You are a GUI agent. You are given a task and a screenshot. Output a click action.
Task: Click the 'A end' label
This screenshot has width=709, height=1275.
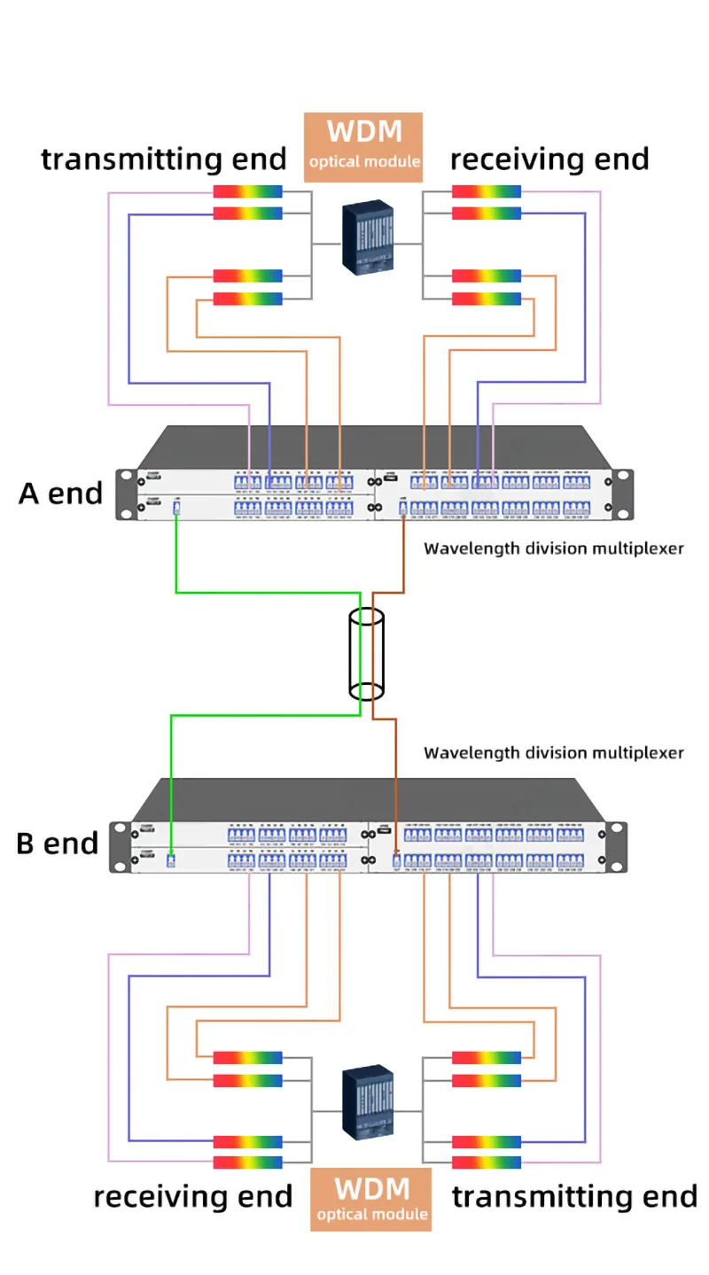click(x=60, y=494)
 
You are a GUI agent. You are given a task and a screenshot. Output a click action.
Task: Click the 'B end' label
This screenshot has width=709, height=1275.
click(x=57, y=844)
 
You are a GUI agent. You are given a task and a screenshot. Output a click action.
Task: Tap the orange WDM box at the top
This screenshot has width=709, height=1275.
click(x=363, y=145)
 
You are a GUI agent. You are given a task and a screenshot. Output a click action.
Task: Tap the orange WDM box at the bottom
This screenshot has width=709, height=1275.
click(x=370, y=1198)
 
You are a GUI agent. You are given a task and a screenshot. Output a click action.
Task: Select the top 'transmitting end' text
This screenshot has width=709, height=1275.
click(x=164, y=159)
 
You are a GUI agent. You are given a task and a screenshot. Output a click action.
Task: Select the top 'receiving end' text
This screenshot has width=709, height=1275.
click(x=549, y=159)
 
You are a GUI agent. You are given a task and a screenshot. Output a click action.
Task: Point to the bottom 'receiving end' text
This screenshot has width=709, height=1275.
click(x=192, y=1196)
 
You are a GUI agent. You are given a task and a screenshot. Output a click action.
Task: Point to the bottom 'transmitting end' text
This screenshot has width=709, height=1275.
click(x=574, y=1196)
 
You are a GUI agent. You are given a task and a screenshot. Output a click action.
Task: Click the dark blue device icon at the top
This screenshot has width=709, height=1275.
click(x=368, y=235)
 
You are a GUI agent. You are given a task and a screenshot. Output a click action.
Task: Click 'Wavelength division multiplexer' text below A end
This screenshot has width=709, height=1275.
click(x=553, y=548)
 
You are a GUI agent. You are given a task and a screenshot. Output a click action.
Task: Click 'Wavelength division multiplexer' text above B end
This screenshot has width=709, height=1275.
click(x=553, y=753)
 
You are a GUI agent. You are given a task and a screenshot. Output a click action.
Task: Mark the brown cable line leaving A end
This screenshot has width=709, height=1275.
click(x=403, y=558)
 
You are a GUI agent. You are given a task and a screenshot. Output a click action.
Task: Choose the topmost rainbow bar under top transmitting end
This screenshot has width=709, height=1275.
click(x=248, y=191)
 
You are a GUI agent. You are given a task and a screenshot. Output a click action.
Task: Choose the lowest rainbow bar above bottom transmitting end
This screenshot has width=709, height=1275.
click(x=487, y=1162)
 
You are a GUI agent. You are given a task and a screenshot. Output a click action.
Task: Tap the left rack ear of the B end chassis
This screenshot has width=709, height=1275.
click(x=120, y=847)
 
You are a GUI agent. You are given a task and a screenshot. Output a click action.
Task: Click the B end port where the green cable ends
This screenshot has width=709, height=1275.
click(x=170, y=859)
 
